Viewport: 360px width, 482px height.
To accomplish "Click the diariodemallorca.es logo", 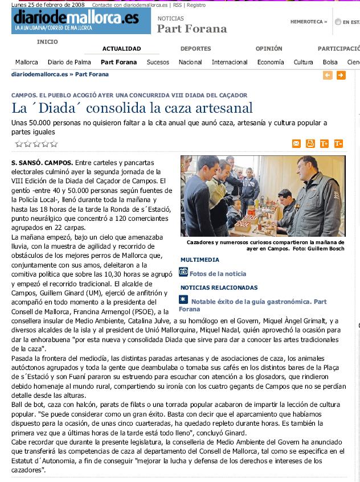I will pos(75,19).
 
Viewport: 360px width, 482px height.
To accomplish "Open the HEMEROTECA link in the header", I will pos(308,22).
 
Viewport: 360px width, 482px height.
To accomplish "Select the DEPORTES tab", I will pos(195,49).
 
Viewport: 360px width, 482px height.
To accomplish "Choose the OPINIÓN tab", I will pos(269,49).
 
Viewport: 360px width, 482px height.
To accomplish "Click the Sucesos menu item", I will pos(158,63).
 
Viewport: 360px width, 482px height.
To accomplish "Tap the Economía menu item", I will pos(271,63).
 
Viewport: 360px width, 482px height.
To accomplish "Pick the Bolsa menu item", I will pos(330,63).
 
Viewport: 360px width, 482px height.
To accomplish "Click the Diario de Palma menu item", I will pos(69,63).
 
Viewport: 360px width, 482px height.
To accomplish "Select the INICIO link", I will pos(47,42).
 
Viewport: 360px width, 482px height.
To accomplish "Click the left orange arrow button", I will pos(328,75).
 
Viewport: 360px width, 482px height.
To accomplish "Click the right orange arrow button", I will pos(341,75).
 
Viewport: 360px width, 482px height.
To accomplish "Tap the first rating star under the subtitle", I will pos(18,144).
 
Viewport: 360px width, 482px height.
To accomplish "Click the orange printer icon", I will pos(310,143).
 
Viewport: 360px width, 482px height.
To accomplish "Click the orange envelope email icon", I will pos(296,143).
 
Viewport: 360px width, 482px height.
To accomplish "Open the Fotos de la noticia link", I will pos(218,274).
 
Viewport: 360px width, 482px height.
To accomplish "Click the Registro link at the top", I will pos(196,5).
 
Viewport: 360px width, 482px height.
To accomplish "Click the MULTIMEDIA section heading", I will pos(200,259).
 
